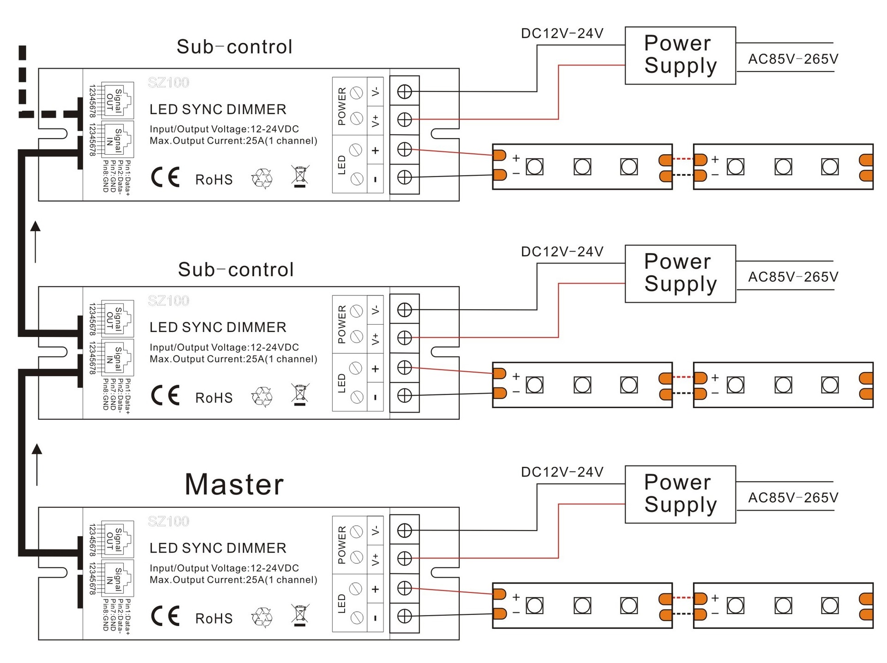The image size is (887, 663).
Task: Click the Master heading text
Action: pos(234,484)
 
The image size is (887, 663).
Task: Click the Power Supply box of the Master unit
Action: pos(680,494)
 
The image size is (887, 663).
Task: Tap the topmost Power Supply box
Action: pos(680,55)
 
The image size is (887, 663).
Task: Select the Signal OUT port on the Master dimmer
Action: pos(117,539)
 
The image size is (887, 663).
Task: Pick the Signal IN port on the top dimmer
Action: pos(117,139)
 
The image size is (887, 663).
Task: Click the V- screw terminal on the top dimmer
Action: pos(405,91)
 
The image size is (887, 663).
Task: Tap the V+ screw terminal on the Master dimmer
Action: pos(405,558)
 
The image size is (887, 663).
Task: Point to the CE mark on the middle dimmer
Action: pos(165,395)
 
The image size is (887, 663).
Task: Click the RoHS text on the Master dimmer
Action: pos(214,618)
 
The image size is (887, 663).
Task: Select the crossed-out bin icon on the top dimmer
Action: pos(300,176)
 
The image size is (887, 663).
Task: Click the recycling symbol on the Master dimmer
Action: pos(262,617)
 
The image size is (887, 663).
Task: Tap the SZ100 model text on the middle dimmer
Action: pos(169,301)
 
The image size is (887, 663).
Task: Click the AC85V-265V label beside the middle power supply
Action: pos(793,277)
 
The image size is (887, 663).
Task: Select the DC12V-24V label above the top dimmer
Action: pos(562,33)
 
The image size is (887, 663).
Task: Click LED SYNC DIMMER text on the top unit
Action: pos(218,109)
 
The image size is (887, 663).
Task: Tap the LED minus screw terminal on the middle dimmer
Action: pos(405,396)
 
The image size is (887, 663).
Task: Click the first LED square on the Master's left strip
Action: pos(535,605)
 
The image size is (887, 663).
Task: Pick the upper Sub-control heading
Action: pos(235,47)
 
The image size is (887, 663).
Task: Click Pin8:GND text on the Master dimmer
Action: pos(106,615)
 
